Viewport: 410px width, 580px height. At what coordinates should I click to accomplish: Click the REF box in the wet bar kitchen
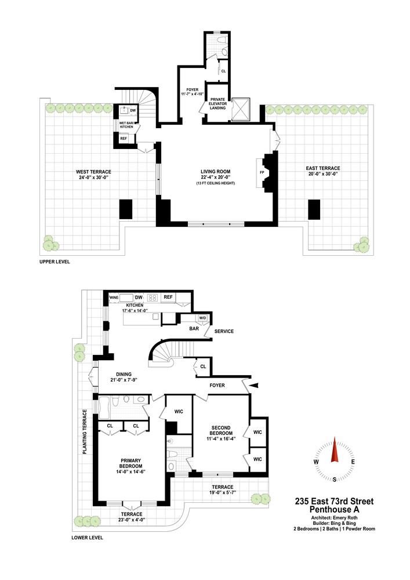(x=124, y=139)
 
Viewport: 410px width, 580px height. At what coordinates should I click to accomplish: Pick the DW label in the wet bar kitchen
(x=133, y=110)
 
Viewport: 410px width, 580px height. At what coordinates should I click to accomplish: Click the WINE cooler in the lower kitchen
(x=114, y=298)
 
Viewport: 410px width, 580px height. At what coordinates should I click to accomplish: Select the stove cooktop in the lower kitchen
(x=154, y=298)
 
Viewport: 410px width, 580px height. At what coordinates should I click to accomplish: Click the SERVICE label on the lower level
(x=224, y=332)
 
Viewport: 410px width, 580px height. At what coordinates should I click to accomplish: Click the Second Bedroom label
(x=222, y=430)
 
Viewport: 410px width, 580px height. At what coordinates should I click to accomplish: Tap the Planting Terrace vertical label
(x=85, y=432)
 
